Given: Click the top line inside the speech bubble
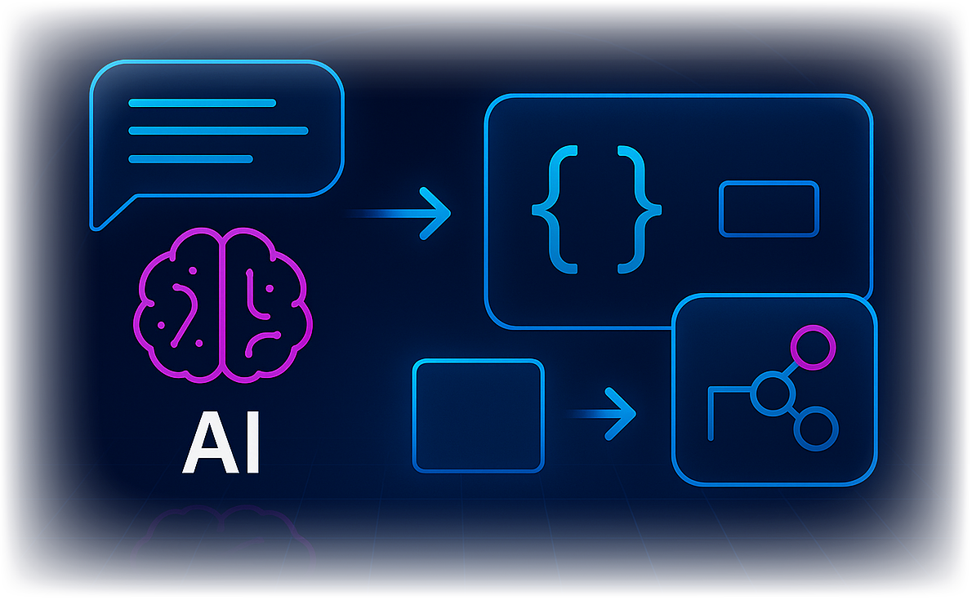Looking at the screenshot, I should point(202,103).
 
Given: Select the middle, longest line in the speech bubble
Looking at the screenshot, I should point(218,131).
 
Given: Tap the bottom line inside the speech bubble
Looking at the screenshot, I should point(190,158).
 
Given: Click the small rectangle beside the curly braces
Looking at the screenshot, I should point(768,210).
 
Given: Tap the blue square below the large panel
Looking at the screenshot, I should point(478,416).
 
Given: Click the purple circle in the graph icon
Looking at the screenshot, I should point(814,346).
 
